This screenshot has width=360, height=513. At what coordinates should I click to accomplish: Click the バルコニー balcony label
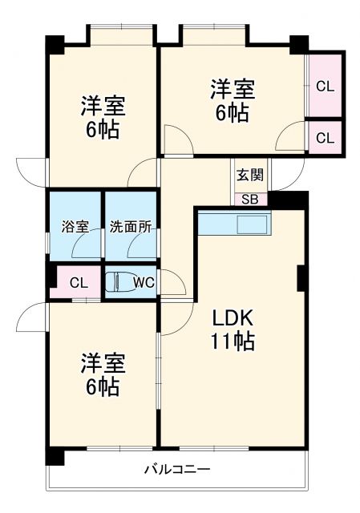click(177, 469)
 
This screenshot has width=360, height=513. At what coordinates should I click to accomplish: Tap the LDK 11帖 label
click(233, 329)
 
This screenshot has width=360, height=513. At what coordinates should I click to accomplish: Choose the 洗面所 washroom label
click(131, 226)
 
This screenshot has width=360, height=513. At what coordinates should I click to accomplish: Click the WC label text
click(144, 282)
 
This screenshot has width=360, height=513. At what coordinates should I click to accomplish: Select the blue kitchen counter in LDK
click(235, 222)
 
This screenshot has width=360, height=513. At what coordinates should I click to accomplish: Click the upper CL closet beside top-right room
click(325, 86)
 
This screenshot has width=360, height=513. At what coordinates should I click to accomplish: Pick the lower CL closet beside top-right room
click(325, 138)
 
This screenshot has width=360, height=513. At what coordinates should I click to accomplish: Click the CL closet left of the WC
click(78, 282)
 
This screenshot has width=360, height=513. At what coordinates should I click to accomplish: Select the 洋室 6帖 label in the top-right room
click(230, 99)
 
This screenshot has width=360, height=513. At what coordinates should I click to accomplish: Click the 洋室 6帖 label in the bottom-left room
click(102, 375)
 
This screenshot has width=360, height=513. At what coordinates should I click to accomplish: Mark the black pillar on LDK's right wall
click(302, 277)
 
